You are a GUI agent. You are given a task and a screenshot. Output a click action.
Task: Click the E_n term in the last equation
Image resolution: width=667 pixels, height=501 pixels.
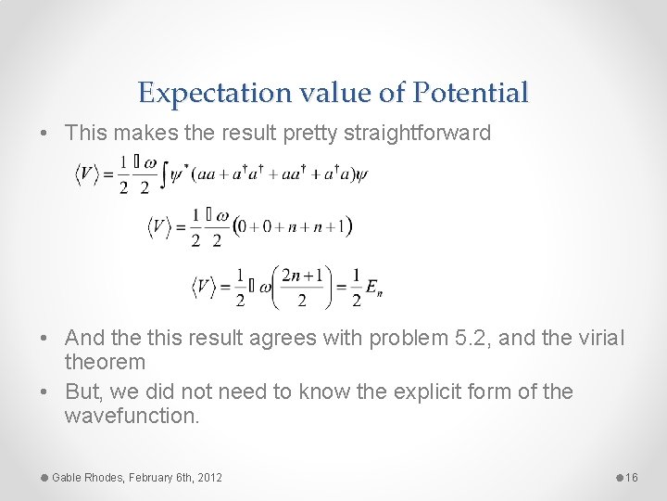tap(373, 289)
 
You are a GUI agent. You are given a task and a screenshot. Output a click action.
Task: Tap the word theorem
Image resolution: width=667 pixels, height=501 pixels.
tap(105, 362)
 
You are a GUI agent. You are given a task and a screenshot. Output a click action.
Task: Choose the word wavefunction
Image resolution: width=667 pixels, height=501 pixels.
tap(132, 416)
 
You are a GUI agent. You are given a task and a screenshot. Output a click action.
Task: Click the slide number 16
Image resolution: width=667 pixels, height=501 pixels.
tap(633, 477)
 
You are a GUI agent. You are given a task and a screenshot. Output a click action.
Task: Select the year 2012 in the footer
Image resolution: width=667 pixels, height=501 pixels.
tap(208, 477)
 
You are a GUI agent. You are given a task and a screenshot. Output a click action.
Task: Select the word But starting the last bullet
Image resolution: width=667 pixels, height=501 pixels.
tap(82, 392)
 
